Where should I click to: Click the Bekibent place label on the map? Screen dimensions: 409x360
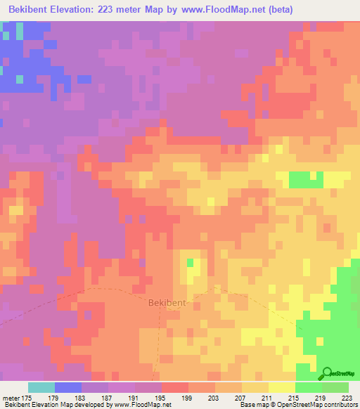tap(166, 303)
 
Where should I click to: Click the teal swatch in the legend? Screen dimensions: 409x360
tap(41, 387)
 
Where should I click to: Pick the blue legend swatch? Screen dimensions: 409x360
tap(68, 387)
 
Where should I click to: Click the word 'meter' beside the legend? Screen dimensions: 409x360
tap(11, 397)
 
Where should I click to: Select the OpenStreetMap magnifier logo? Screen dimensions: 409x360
tap(328, 374)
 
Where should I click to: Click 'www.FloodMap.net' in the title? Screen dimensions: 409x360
tap(219, 9)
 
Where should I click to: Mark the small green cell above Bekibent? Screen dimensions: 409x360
tap(190, 263)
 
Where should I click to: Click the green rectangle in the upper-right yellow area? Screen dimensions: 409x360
tap(306, 179)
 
